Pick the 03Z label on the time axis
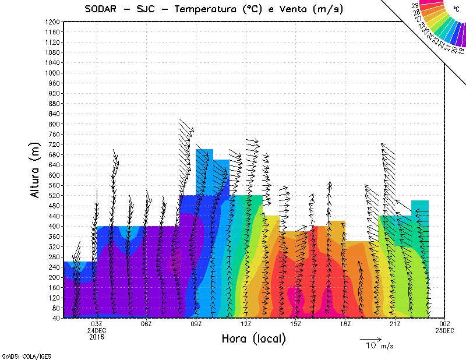pos(97,324)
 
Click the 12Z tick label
pos(246,324)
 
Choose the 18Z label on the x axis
pos(345,324)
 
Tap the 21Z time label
pos(394,324)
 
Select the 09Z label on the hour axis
pos(196,324)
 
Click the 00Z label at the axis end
pos(445,324)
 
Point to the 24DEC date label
pos(97,330)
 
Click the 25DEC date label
pos(445,330)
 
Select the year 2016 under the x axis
pos(97,337)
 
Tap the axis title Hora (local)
pos(253,338)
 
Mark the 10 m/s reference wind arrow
pos(370,338)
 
